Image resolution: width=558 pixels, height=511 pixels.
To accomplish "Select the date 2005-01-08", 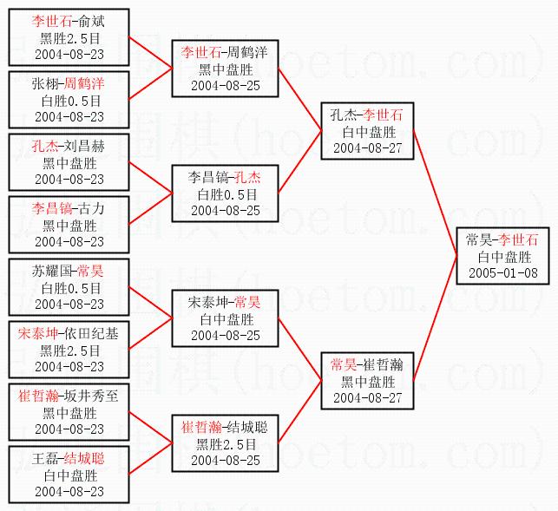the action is [502, 272].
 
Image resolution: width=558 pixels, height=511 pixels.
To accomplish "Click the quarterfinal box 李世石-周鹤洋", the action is [225, 69].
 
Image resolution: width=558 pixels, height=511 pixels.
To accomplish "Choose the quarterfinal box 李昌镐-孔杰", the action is [225, 193].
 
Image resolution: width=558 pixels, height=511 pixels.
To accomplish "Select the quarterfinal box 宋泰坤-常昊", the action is [225, 318].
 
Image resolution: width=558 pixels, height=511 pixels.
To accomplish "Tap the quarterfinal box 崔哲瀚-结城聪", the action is [225, 442].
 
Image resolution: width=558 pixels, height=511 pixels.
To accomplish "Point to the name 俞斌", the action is [91, 20].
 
